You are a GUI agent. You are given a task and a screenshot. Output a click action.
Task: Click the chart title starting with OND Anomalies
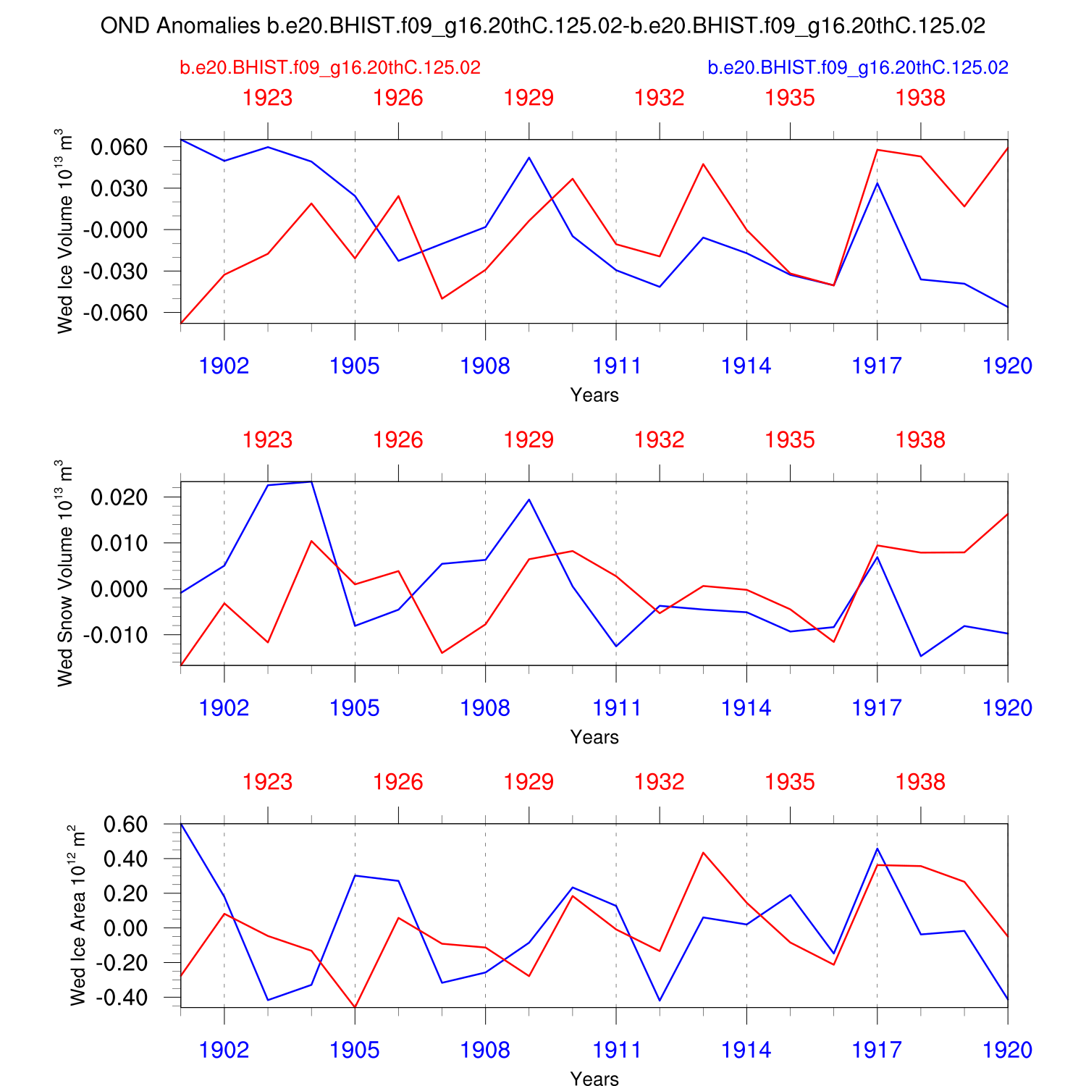[543, 26]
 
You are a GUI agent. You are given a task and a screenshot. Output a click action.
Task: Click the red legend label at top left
[330, 68]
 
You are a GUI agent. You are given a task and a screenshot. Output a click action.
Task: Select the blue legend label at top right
[858, 68]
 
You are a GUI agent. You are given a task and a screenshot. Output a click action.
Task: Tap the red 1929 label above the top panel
[529, 98]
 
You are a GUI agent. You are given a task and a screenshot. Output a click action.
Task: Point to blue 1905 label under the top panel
[355, 366]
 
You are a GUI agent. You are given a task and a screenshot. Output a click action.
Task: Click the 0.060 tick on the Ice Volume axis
[119, 147]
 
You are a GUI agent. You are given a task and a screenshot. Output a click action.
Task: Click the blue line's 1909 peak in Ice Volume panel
[529, 158]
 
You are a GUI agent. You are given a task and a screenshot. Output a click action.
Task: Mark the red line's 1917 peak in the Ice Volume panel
[877, 150]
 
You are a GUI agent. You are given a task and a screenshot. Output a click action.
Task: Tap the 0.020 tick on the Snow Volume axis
[119, 497]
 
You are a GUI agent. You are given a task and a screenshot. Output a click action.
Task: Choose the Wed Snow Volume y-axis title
[66, 573]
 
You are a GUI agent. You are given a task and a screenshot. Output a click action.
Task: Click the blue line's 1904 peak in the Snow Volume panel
[311, 481]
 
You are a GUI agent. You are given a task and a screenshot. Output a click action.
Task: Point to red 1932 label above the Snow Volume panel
[660, 440]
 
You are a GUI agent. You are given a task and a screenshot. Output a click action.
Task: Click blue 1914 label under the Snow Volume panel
[746, 708]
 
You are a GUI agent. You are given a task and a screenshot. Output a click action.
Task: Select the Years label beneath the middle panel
[594, 737]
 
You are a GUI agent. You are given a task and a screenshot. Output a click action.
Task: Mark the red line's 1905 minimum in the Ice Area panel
[355, 1006]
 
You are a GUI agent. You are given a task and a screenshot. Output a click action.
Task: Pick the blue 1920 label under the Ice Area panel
[1007, 1051]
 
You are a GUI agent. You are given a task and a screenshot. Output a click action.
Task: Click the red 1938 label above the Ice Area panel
[920, 782]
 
